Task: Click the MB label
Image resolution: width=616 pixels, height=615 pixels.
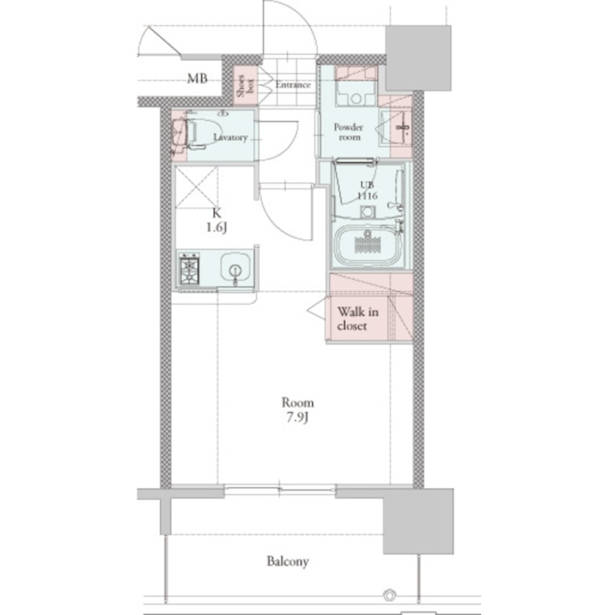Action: (x=197, y=79)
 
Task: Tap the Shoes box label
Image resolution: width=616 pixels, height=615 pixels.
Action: (x=245, y=85)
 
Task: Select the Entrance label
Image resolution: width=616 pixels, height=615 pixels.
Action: (x=293, y=84)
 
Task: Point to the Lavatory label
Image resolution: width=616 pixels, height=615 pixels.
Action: (x=230, y=137)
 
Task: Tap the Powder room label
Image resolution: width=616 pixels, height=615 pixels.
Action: (x=349, y=132)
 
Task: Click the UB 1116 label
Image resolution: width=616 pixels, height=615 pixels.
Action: (x=367, y=191)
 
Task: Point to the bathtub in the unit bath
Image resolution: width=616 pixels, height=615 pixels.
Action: (x=369, y=244)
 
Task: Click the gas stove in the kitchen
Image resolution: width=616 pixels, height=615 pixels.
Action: (x=190, y=268)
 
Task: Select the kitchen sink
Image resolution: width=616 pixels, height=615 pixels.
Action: (x=235, y=268)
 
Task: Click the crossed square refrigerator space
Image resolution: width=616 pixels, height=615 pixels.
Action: (x=196, y=186)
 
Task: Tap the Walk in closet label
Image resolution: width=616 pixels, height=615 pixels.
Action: (x=358, y=319)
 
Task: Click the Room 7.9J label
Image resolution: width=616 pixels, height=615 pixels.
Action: (x=297, y=410)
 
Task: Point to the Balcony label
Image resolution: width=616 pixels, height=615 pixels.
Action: (x=287, y=561)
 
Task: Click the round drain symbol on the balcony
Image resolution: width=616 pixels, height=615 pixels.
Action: (x=390, y=594)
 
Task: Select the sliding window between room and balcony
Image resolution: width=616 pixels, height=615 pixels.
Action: (x=280, y=489)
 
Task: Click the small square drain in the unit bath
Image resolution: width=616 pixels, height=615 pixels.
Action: (x=367, y=212)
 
